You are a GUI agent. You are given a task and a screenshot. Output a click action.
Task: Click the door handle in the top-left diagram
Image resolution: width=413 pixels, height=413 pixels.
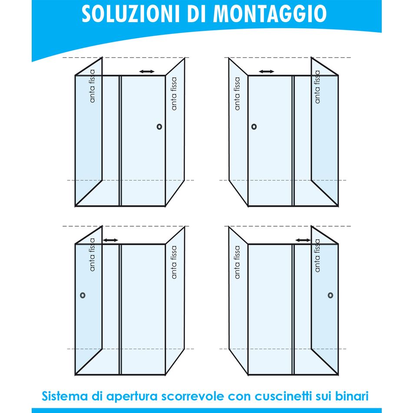coord(160,126)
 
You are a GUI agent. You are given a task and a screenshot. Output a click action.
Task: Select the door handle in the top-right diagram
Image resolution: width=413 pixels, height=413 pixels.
coord(254,127)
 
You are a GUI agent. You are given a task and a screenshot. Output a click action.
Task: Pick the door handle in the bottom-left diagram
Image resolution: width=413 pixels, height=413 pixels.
coord(83,295)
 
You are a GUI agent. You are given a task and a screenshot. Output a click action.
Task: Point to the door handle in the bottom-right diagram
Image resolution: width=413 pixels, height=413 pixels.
coord(330,295)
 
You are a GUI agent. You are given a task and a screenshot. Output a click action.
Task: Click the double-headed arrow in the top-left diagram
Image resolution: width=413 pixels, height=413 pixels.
coord(147,71)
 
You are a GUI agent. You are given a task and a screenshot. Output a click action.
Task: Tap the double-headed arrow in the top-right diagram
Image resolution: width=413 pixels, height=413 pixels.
coord(266,71)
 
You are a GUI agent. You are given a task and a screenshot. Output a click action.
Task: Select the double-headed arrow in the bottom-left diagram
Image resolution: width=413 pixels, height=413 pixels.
coord(110,240)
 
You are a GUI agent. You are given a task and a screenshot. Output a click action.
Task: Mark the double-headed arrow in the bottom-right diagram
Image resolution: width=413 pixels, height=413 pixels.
coord(303,240)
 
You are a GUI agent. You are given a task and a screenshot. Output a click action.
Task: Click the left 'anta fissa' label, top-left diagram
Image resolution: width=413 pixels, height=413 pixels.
coord(92,89)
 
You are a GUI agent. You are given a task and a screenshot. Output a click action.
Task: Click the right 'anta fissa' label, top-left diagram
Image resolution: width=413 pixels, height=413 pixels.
coord(174,93)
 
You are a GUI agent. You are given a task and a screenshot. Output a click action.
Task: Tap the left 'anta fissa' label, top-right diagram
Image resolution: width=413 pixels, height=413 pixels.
coord(237,93)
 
